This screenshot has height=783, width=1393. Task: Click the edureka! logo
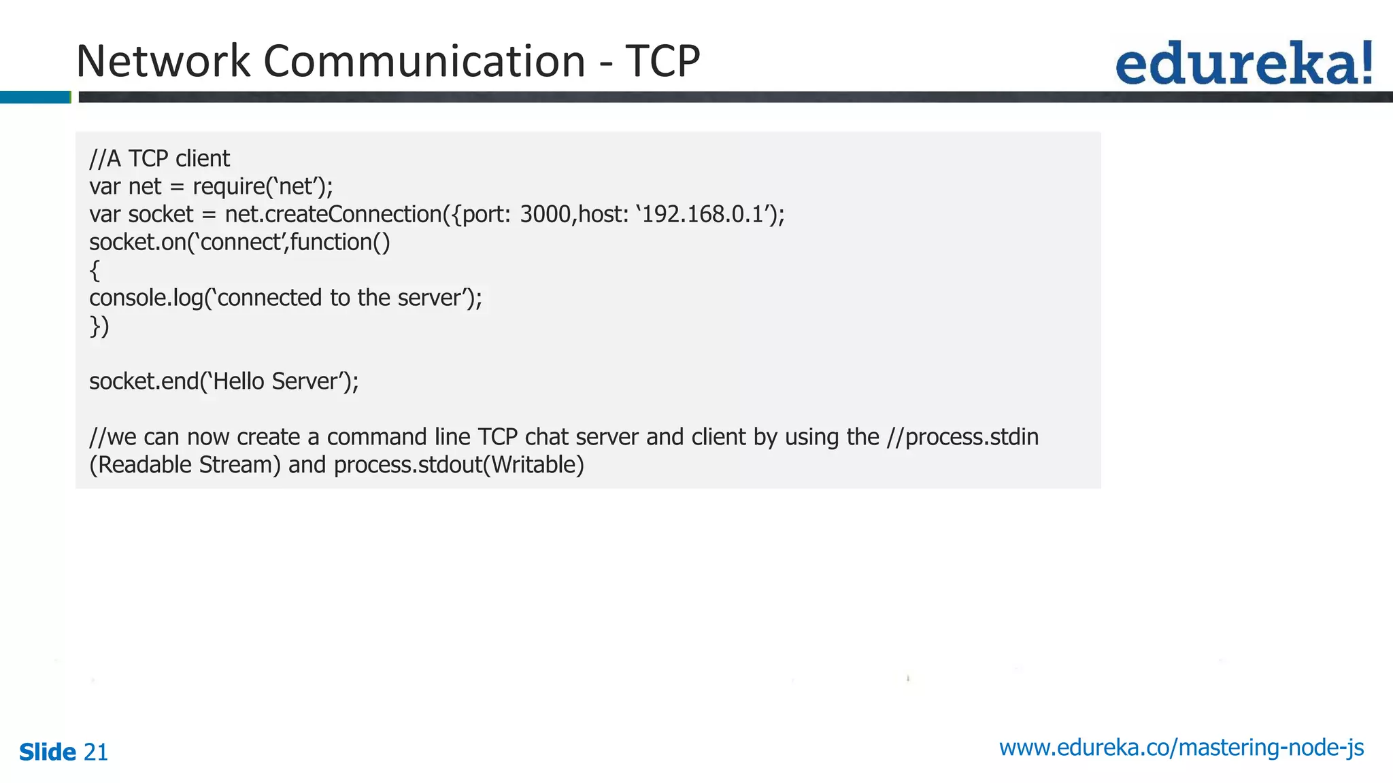coord(1243,63)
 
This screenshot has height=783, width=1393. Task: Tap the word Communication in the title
coord(424,61)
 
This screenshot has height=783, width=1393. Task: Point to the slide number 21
coord(95,752)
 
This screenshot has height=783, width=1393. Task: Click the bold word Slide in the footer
coord(48,752)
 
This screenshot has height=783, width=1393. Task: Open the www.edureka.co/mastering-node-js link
coord(1181,748)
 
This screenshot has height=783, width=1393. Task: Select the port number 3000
coord(545,215)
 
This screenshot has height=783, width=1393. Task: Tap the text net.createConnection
coord(333,215)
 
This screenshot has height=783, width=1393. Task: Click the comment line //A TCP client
coord(160,159)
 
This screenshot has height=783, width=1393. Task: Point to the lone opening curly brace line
coord(95,271)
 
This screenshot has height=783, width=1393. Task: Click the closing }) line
coord(99,326)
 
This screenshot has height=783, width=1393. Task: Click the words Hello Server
coord(276,381)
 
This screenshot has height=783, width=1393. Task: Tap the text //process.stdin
coord(962,437)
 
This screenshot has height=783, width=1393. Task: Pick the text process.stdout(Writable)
coord(458,465)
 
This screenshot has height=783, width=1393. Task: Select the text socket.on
coord(133,243)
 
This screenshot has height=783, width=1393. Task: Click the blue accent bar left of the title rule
coord(35,97)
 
